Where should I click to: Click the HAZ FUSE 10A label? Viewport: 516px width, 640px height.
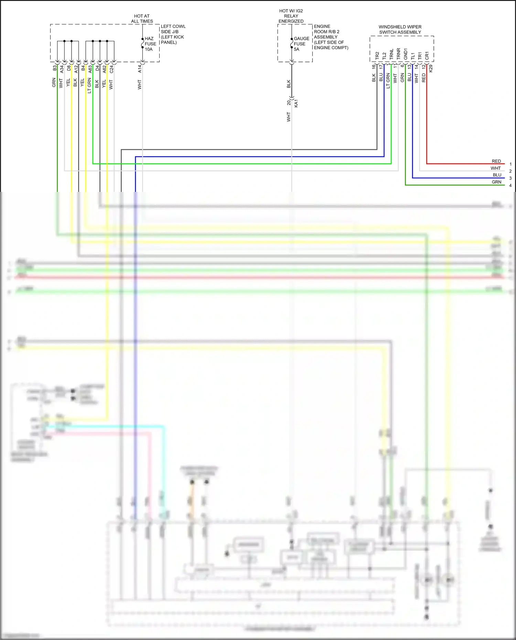[150, 44]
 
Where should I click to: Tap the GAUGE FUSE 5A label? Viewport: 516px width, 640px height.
[301, 44]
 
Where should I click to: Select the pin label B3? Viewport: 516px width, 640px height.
[54, 68]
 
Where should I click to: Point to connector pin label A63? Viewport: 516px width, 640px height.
[90, 69]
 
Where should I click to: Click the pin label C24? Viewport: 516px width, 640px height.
[111, 69]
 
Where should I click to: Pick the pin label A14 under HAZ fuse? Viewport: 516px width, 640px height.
[140, 69]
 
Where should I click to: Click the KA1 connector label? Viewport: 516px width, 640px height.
[296, 103]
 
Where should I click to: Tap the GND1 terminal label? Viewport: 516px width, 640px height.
[406, 54]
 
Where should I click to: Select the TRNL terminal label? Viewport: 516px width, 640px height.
[391, 54]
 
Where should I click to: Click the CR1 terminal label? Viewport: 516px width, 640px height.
[427, 56]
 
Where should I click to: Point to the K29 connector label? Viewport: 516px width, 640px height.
[431, 68]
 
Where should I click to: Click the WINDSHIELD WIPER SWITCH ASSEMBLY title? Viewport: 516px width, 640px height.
[400, 29]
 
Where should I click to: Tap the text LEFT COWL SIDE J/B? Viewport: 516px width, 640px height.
[173, 29]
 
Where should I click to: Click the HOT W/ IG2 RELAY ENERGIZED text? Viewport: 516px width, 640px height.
[291, 16]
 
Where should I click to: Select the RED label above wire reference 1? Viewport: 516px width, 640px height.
[496, 161]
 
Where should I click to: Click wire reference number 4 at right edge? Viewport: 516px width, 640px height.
[510, 185]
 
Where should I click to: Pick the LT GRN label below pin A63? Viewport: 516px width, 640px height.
[89, 86]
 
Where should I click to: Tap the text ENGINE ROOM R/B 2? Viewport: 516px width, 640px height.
[326, 29]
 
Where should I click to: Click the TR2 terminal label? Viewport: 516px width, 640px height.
[377, 56]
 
